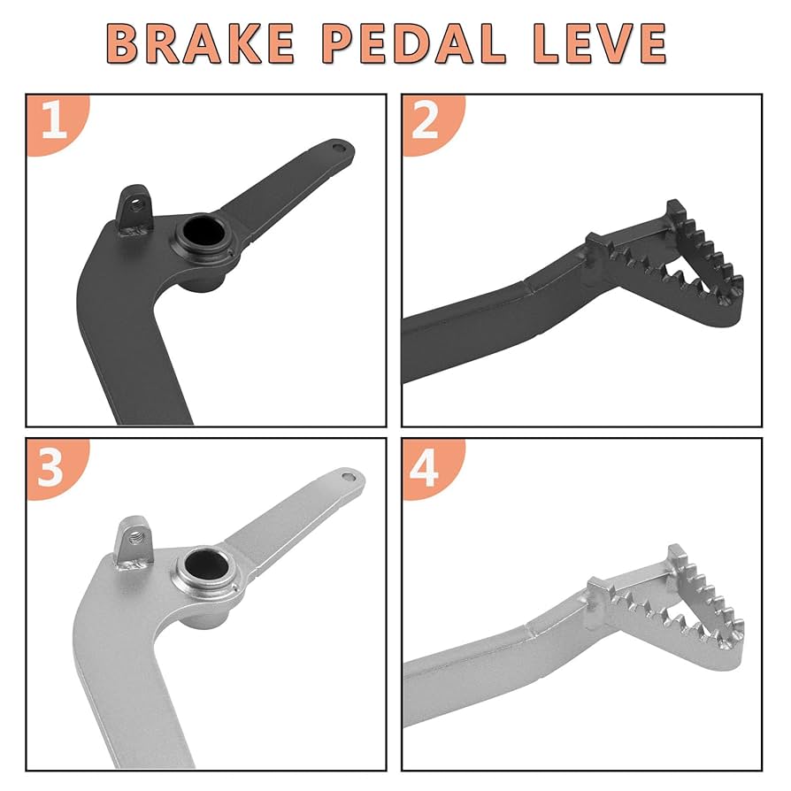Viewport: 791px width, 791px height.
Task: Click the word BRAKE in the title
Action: [x=202, y=42]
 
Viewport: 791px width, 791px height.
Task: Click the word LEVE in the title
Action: [x=602, y=42]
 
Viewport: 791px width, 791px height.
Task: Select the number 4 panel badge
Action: [x=426, y=466]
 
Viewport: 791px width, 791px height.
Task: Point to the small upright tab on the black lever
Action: [x=135, y=209]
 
